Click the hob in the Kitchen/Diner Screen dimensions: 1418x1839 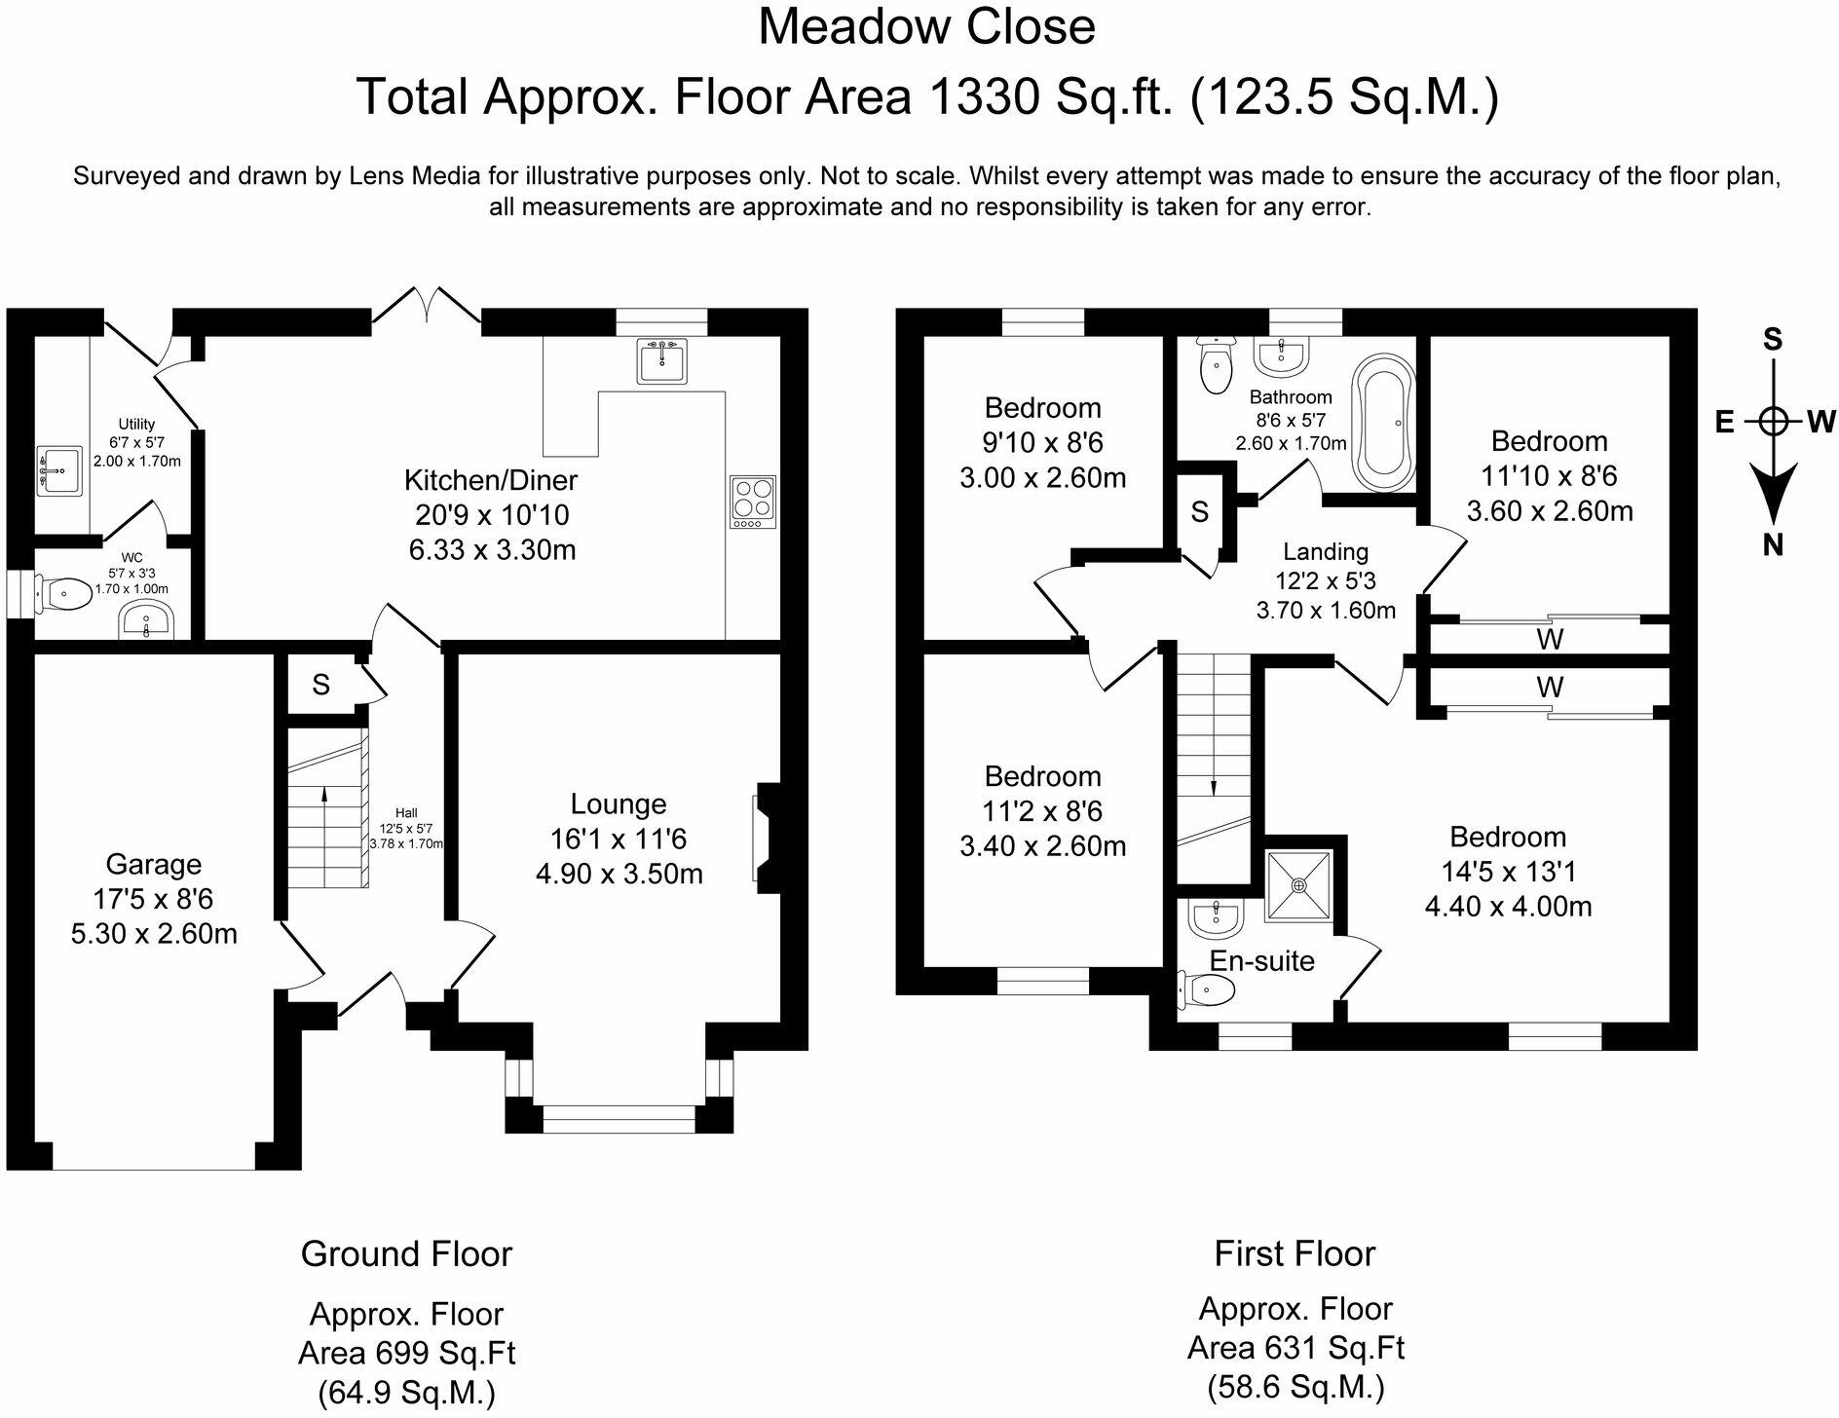point(752,502)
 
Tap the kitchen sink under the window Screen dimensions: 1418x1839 point(663,360)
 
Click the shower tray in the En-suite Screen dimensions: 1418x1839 point(1298,885)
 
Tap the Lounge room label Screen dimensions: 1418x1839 point(619,803)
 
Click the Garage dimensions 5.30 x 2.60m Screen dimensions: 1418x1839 point(154,934)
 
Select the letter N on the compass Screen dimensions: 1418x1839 point(1773,545)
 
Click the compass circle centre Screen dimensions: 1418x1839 point(1774,422)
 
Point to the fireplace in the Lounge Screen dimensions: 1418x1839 point(765,838)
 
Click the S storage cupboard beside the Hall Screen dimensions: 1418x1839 point(320,685)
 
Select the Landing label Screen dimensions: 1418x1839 point(1325,552)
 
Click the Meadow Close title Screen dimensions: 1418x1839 point(926,26)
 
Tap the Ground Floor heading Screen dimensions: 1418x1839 point(406,1253)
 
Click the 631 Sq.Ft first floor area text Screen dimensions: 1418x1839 point(1295,1348)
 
